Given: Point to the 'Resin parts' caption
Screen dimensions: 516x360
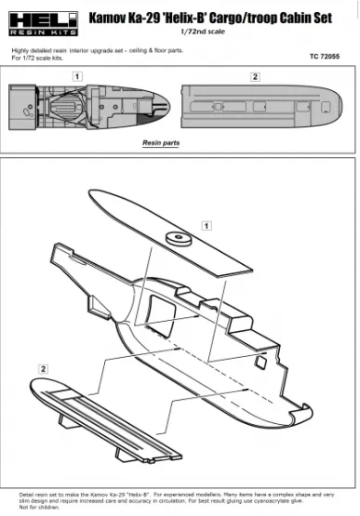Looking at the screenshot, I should (161, 143).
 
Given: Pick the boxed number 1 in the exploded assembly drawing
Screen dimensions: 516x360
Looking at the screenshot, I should (207, 225).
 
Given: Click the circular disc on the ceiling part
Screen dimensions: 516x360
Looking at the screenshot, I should (174, 238).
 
